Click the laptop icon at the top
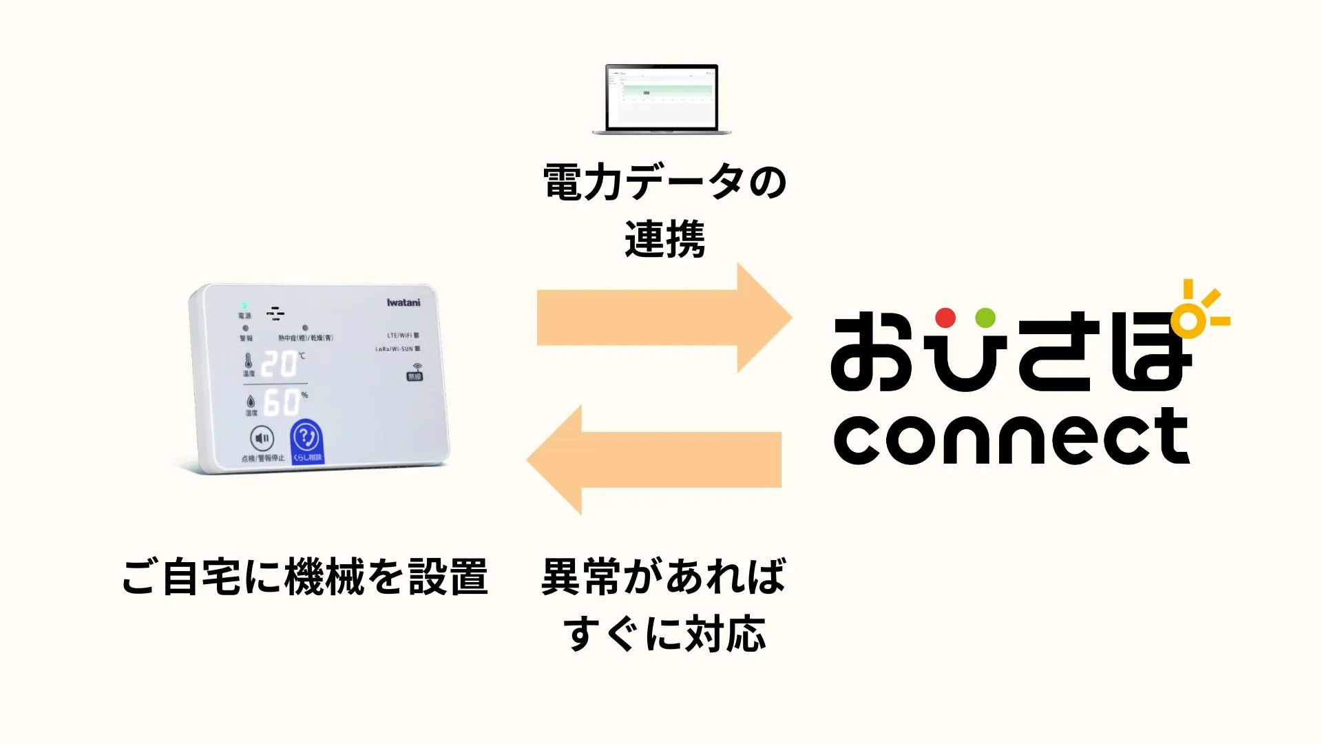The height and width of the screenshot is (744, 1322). (x=662, y=99)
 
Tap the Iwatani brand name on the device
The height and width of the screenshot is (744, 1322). (x=403, y=302)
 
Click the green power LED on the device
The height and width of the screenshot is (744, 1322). (x=244, y=305)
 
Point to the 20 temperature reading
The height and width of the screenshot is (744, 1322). (x=279, y=364)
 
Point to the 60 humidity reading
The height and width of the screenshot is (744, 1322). (x=282, y=403)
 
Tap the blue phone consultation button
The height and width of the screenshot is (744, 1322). (x=306, y=440)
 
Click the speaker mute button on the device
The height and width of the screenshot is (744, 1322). (x=262, y=438)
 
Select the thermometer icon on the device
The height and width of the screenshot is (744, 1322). (x=248, y=361)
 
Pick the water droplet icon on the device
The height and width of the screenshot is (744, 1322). (x=251, y=401)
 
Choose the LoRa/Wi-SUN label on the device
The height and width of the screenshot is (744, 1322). (x=394, y=349)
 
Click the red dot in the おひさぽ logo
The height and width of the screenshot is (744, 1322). (x=945, y=318)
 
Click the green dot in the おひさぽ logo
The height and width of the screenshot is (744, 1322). (x=985, y=318)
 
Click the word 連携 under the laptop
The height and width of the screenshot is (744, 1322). (x=664, y=240)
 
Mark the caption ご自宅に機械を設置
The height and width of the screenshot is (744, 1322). (x=305, y=577)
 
